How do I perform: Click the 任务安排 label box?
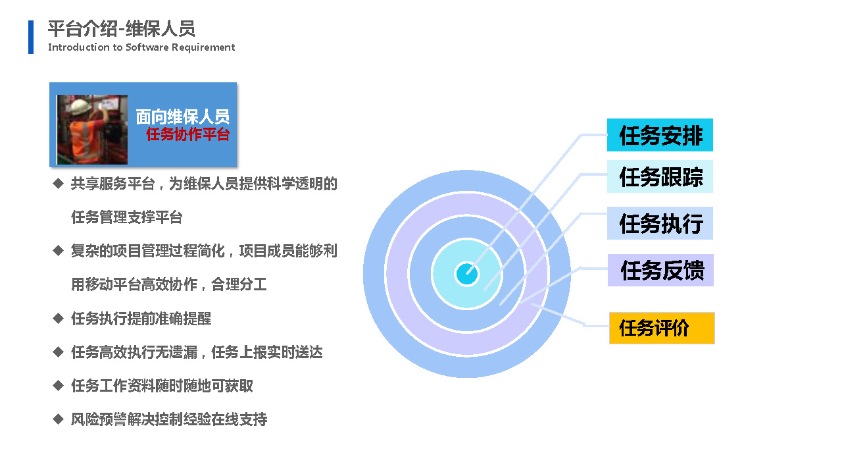coord(660,135)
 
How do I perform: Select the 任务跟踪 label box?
coord(660,176)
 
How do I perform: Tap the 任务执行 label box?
coord(660,223)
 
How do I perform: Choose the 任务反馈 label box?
coord(660,270)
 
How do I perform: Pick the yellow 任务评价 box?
coord(662,328)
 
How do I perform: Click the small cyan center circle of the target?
coord(467,274)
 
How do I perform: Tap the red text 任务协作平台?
coord(187,134)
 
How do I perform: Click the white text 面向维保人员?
coord(183,117)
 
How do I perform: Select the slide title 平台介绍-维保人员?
coord(122,28)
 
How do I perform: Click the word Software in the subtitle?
coord(147,47)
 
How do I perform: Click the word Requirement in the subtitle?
coord(203,47)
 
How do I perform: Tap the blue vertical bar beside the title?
coord(31,37)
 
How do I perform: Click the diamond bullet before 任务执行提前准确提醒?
coord(59,318)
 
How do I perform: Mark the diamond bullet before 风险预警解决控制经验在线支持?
coord(59,419)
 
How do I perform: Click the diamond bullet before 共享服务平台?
coord(59,184)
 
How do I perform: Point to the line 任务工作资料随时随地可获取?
coord(162,386)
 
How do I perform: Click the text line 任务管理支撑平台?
coord(127,217)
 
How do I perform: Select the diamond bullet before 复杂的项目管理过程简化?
coord(59,251)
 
